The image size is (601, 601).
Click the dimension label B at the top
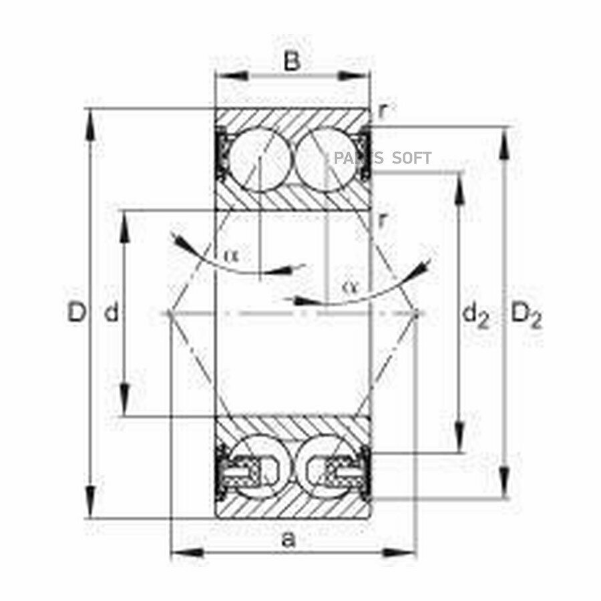(291, 61)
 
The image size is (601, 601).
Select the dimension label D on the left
(76, 313)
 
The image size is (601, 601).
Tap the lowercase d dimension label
(112, 313)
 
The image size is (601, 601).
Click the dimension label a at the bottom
(288, 540)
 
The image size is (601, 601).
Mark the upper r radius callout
(382, 111)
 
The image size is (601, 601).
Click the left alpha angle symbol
(232, 254)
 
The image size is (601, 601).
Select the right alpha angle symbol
(349, 286)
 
